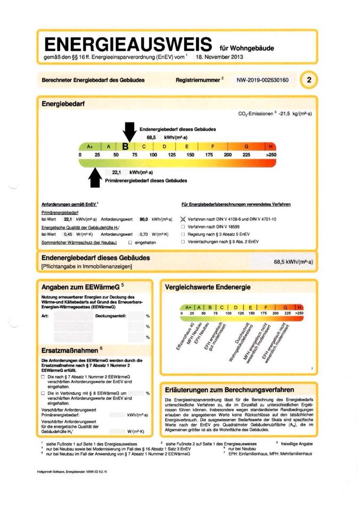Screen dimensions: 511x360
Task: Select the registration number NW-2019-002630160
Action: tap(263, 80)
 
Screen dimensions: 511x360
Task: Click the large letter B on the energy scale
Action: tap(126, 146)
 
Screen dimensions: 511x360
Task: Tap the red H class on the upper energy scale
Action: tap(271, 146)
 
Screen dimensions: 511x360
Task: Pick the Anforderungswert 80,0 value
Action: tap(143, 219)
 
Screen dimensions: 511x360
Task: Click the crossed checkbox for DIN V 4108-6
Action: tap(183, 219)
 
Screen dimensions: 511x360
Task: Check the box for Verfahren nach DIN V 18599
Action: tap(183, 227)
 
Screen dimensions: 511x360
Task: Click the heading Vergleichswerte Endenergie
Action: tap(207, 287)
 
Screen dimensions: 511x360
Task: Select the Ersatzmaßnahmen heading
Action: tap(70, 351)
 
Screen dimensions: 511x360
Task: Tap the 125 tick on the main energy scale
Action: tap(171, 154)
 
